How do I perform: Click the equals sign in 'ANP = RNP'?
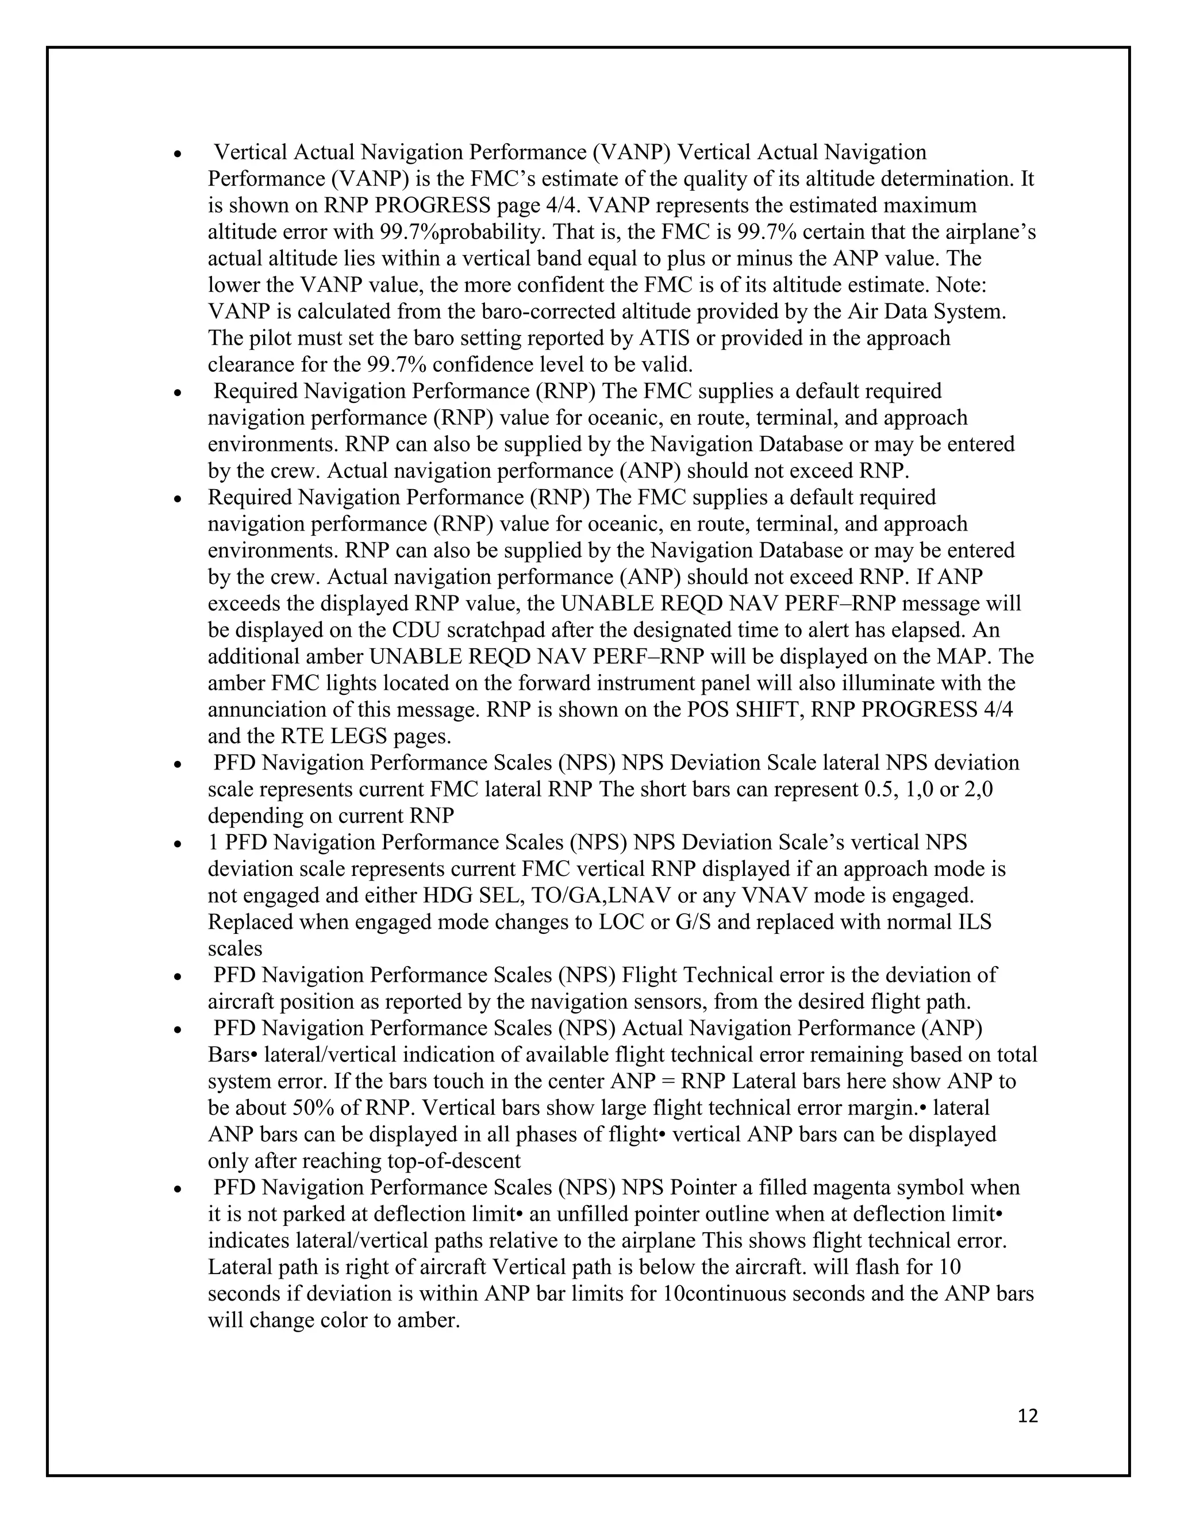(x=670, y=1081)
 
